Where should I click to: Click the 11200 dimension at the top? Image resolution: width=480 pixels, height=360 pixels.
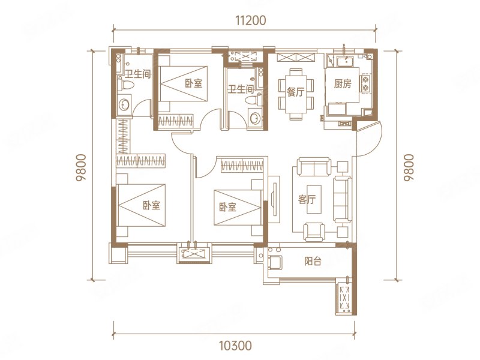click(251, 20)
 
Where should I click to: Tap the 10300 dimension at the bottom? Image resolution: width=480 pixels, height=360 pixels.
click(235, 346)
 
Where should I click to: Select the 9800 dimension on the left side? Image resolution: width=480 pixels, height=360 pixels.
click(82, 168)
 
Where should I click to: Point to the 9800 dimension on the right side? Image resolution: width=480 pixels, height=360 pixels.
click(409, 168)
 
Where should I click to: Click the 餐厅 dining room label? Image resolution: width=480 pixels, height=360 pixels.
click(296, 92)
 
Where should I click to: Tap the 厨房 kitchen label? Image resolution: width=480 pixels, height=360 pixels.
click(343, 83)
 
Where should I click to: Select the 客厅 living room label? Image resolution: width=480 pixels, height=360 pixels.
click(307, 200)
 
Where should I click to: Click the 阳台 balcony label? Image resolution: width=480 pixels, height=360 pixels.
click(313, 261)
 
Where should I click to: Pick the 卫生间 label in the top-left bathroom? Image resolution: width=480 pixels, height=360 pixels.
click(138, 74)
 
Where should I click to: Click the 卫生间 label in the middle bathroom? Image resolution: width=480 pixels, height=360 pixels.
click(241, 89)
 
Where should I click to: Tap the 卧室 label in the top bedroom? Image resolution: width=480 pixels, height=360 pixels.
click(193, 83)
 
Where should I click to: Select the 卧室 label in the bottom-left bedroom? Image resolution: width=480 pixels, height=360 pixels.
click(152, 205)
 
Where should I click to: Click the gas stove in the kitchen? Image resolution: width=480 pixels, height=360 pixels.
click(365, 83)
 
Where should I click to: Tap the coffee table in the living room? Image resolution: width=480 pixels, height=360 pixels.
click(314, 199)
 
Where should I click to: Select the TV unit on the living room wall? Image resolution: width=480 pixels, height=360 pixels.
click(274, 199)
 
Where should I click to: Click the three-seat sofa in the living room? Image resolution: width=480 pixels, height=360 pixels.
click(342, 199)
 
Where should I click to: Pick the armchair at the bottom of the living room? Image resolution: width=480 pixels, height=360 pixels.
click(314, 232)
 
